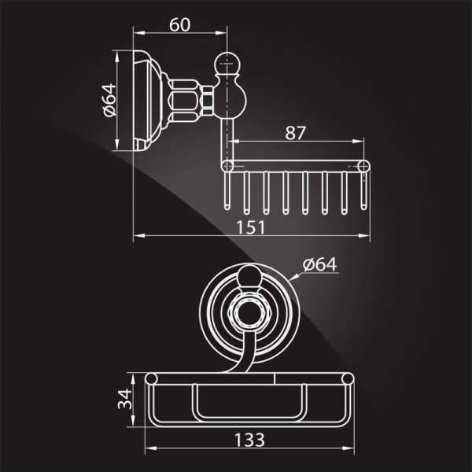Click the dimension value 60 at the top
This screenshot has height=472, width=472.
(179, 24)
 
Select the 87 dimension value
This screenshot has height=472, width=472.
(295, 133)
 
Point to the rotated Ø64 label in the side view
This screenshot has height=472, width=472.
(109, 100)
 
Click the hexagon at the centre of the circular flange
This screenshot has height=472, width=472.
(248, 312)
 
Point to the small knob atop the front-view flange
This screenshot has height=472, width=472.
(248, 277)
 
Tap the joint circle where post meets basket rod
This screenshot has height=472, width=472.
(227, 165)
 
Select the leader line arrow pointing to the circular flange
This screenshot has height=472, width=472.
(292, 278)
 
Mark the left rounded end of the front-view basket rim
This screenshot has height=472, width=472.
(150, 382)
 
